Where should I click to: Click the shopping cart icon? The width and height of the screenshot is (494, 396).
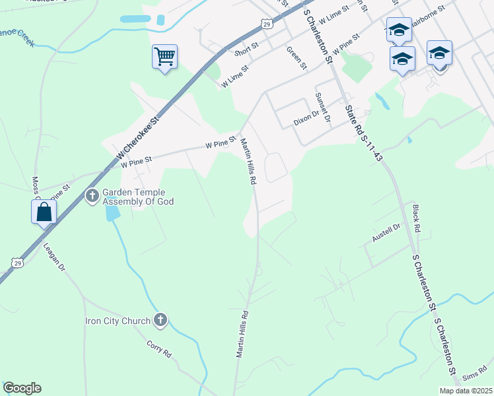point(164,55)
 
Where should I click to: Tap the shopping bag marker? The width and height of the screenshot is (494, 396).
point(44,212)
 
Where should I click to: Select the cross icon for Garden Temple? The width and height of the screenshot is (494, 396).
point(92,196)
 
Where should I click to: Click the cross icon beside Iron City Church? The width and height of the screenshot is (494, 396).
point(159,321)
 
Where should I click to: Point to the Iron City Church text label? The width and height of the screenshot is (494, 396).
point(118,321)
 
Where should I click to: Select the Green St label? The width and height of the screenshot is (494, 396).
point(297,57)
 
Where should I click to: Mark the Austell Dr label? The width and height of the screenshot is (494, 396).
point(386,232)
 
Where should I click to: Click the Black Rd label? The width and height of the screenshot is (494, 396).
point(416,217)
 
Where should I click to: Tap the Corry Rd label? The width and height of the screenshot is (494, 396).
point(159,349)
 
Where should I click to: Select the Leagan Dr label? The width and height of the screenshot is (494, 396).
point(54,257)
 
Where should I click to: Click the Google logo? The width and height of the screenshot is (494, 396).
point(22,388)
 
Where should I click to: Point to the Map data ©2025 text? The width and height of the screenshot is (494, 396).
point(466,391)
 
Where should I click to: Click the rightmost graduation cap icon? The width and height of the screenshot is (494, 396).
point(439,52)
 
